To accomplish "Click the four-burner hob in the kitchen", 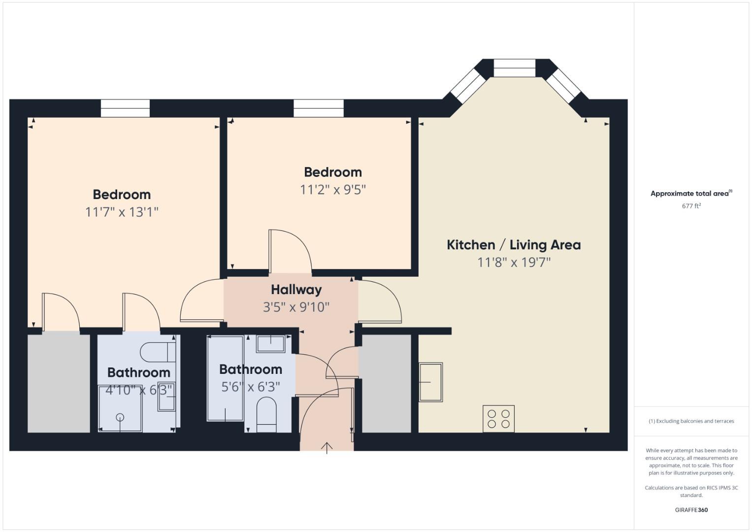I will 498,419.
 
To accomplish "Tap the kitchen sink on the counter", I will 430,382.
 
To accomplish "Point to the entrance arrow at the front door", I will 327,447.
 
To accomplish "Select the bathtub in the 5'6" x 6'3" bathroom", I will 225,378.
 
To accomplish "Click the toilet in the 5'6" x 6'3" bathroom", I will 266,414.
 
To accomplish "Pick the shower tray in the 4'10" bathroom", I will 120,409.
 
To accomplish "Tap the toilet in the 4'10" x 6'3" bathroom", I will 158,352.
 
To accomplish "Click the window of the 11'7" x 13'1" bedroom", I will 125,108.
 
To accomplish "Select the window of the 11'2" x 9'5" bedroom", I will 319,108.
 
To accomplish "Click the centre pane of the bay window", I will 514,68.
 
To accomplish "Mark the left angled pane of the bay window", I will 465,86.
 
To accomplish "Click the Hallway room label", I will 296,290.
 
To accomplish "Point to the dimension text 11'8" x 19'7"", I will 514,262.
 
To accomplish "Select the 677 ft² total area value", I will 691,206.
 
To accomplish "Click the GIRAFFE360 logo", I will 691,510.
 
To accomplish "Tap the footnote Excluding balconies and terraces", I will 691,421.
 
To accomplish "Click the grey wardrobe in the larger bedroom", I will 59,382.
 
